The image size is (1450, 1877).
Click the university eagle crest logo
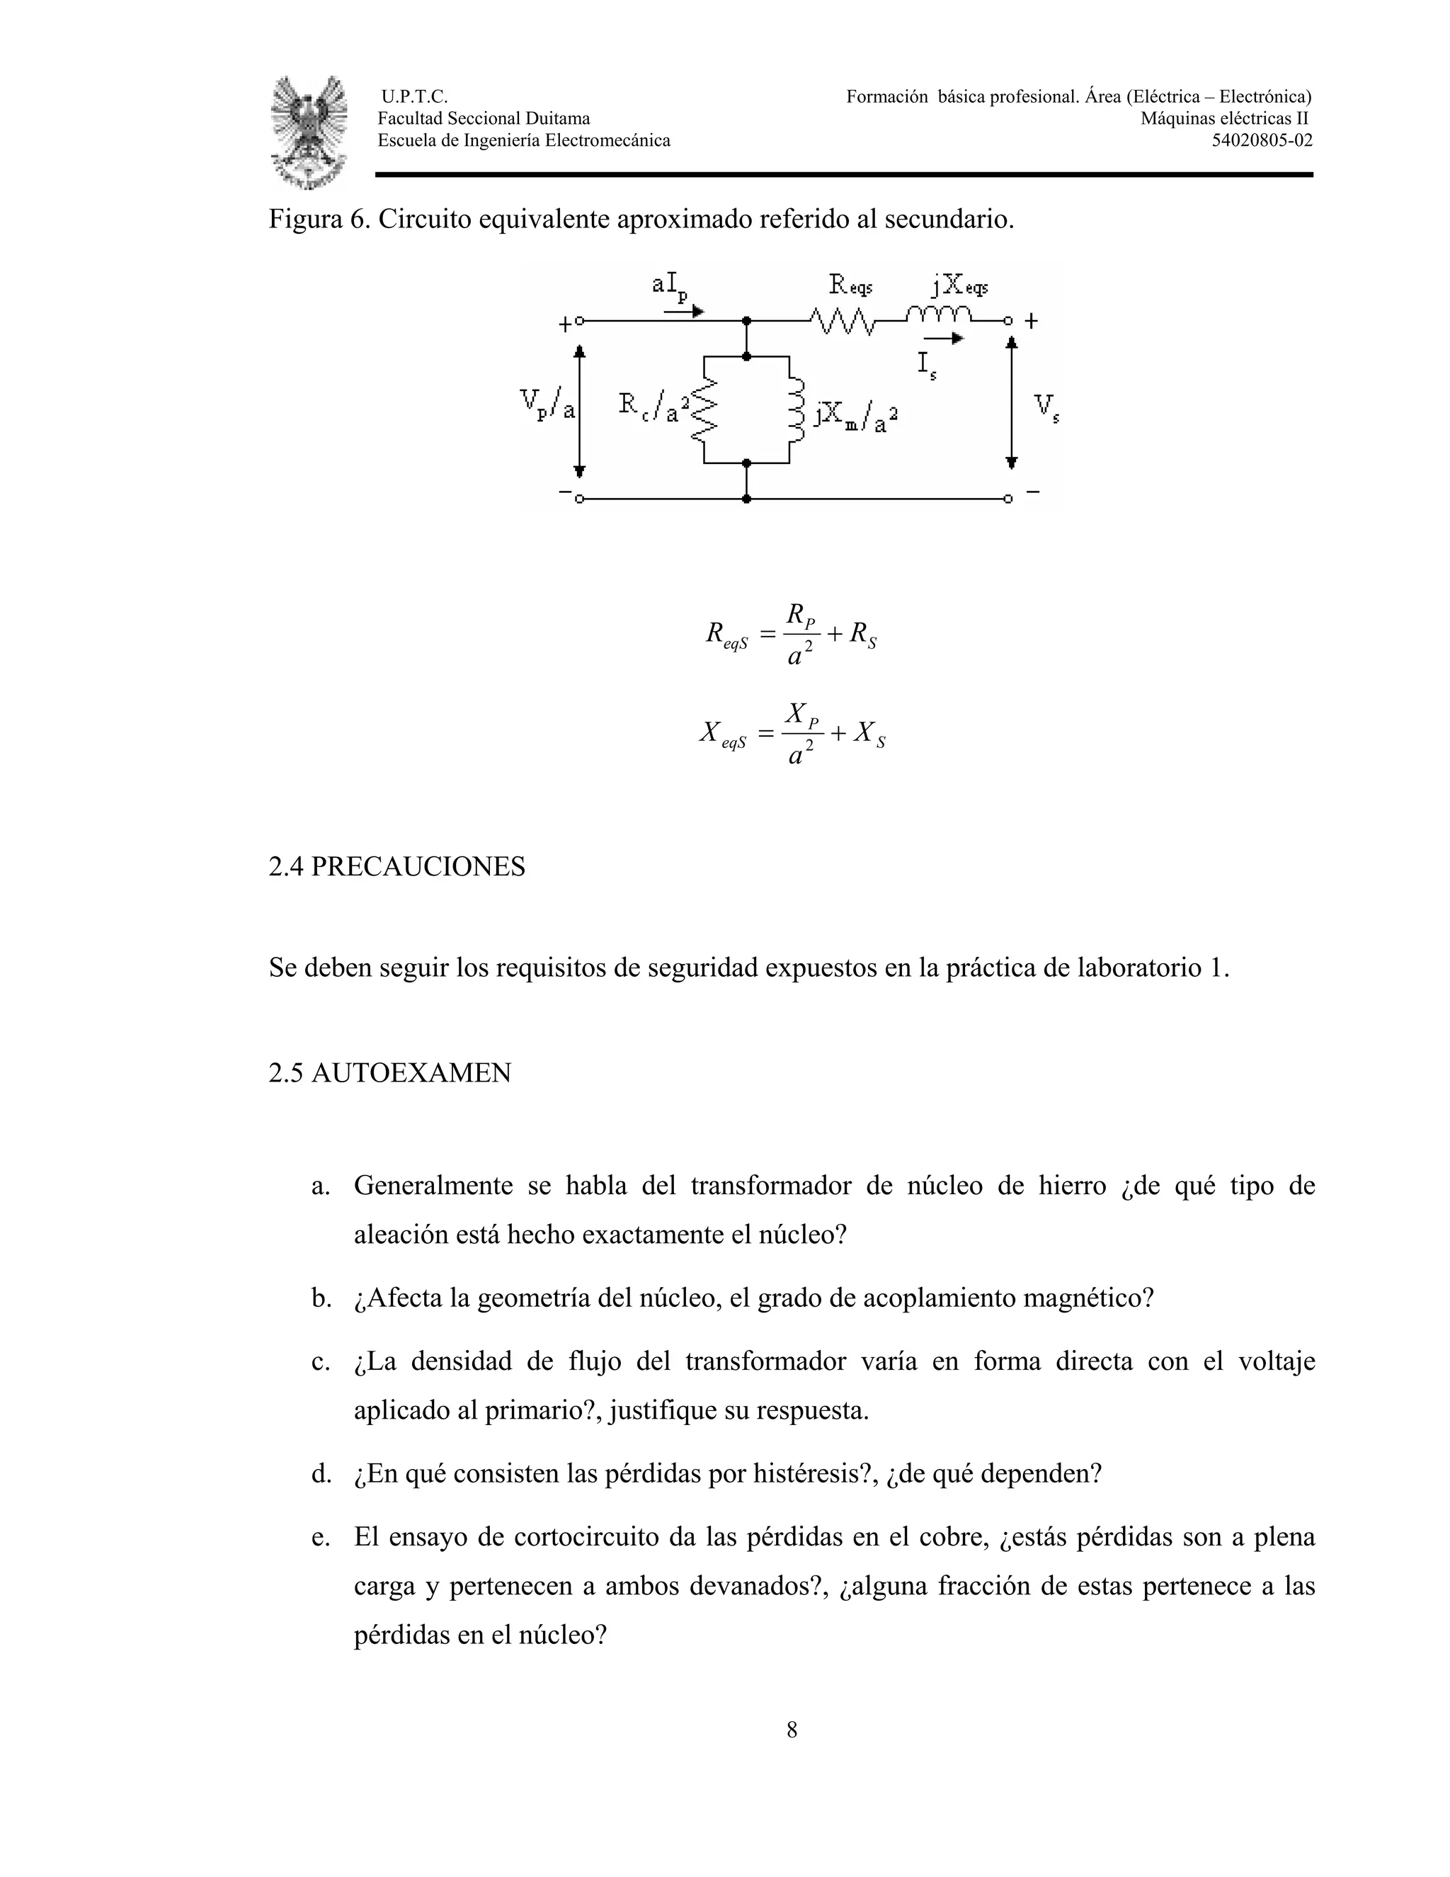(309, 132)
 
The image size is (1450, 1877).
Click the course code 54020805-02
(1261, 141)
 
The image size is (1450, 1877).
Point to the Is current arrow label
(926, 364)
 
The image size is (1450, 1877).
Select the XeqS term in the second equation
(722, 735)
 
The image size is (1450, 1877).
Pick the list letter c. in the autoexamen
(321, 1361)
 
